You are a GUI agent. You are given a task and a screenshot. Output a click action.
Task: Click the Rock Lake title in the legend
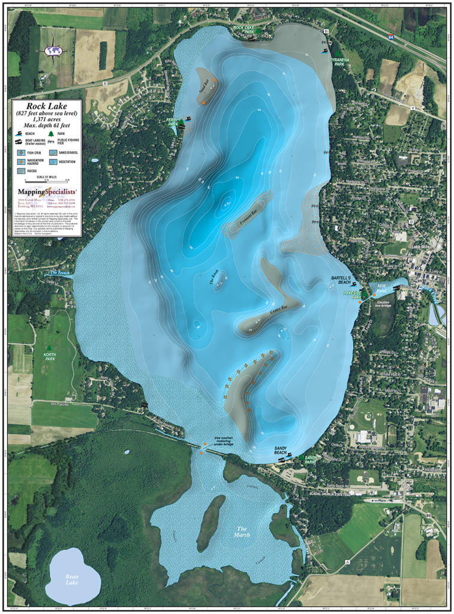click(47, 106)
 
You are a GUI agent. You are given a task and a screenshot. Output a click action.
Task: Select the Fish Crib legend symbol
click(21, 153)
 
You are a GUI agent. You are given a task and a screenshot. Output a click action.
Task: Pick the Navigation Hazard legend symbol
click(21, 162)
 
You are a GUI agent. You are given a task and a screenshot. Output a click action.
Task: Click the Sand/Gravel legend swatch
click(53, 153)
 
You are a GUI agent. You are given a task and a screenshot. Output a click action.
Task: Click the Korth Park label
click(50, 356)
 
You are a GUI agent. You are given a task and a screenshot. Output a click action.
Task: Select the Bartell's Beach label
click(344, 280)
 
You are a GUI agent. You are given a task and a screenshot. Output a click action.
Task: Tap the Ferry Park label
click(173, 122)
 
